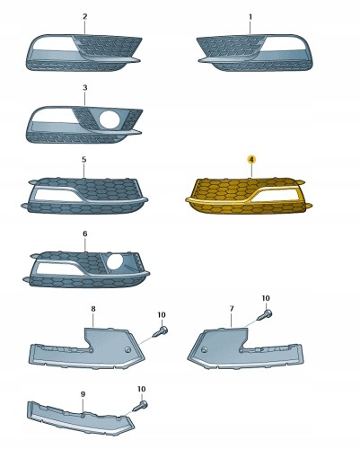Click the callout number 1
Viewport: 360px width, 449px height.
tap(250, 17)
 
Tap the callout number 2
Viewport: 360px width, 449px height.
tap(85, 16)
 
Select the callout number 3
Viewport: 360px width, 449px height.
tap(85, 88)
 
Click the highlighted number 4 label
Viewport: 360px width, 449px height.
tap(251, 160)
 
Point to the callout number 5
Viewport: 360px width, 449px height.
tap(83, 160)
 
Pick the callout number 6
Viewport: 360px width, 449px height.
tap(85, 233)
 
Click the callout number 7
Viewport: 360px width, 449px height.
tap(232, 309)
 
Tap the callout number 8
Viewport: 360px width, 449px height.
tap(93, 309)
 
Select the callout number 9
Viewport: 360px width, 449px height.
tap(83, 394)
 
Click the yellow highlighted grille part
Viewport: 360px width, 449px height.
tap(249, 196)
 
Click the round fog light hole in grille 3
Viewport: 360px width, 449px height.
tap(110, 119)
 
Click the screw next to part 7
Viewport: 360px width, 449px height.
tap(266, 315)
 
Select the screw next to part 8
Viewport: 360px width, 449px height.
tap(161, 331)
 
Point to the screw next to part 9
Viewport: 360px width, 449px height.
tap(140, 406)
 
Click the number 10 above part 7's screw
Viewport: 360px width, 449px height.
tap(266, 298)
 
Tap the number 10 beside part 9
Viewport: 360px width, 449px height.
tap(142, 389)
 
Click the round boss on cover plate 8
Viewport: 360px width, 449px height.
tap(127, 349)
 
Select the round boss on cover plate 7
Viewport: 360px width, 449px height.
tap(205, 350)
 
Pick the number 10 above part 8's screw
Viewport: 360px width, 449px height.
tap(162, 315)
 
